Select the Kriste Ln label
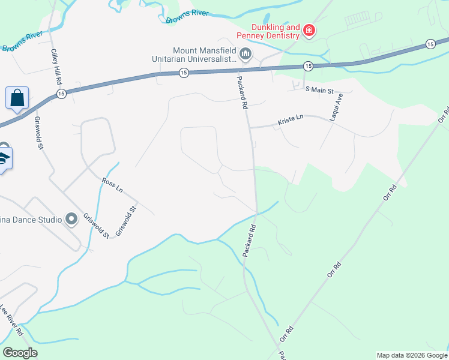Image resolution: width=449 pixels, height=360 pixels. click(x=291, y=121)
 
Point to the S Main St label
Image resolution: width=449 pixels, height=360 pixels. click(x=318, y=90)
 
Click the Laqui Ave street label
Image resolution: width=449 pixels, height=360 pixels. click(x=336, y=107)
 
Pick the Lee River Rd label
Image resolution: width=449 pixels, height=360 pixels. click(x=11, y=320)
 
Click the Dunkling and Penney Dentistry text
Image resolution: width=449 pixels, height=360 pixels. click(x=267, y=31)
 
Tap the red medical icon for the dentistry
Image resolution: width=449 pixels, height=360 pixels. click(x=309, y=30)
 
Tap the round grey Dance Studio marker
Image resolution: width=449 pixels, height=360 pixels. click(x=71, y=219)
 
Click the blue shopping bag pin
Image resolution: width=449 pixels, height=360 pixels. click(x=17, y=98)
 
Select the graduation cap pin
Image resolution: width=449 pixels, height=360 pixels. click(x=3, y=158)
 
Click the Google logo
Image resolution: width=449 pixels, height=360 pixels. click(x=20, y=353)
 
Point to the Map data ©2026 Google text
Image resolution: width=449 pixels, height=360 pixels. click(x=412, y=355)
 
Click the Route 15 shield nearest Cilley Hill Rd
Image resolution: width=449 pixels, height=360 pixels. click(x=61, y=94)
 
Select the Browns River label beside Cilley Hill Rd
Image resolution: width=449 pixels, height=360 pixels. click(x=22, y=40)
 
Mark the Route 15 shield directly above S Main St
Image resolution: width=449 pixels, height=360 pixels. click(x=308, y=65)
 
